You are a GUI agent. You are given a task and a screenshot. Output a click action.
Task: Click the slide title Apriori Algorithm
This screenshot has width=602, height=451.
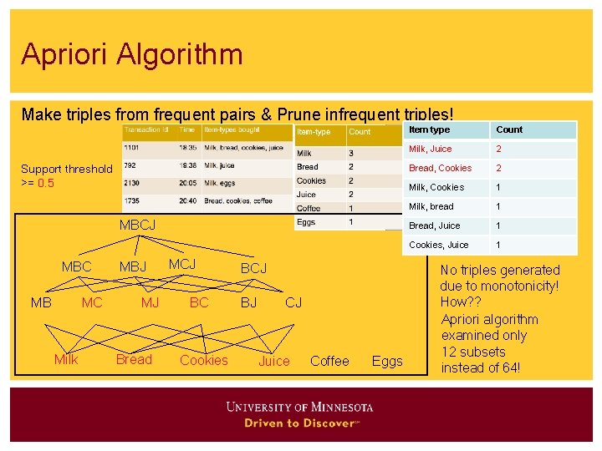(x=132, y=55)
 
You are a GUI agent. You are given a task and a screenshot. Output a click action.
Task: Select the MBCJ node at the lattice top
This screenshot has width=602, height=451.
(x=137, y=225)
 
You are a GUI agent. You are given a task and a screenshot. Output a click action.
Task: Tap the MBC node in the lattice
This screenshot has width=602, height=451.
(x=77, y=267)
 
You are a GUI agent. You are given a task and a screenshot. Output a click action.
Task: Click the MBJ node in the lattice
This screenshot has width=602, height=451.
(x=133, y=267)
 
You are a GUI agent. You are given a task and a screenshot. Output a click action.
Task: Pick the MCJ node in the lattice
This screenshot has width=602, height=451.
(x=182, y=264)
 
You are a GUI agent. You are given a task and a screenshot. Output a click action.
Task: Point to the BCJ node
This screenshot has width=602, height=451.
(x=253, y=268)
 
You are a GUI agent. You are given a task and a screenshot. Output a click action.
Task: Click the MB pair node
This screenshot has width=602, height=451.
(x=41, y=302)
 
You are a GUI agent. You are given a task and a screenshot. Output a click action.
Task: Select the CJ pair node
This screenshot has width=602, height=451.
(x=293, y=302)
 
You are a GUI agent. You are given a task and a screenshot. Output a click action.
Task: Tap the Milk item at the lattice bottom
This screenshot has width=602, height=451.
(x=66, y=360)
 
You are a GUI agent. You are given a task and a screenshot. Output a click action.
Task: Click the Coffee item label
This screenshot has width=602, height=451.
(x=329, y=361)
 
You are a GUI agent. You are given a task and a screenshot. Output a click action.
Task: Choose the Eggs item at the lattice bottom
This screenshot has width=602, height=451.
(x=387, y=361)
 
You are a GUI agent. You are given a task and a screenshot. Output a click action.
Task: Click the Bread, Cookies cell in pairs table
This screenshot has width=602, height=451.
(x=440, y=168)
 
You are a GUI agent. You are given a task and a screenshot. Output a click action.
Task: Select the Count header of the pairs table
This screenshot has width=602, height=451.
(x=509, y=129)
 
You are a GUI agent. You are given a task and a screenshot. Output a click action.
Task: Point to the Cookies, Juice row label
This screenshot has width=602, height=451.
(x=438, y=245)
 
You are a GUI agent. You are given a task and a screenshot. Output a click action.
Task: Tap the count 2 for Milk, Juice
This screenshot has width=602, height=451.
(x=498, y=149)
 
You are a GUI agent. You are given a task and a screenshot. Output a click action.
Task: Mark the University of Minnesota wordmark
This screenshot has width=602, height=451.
(x=299, y=408)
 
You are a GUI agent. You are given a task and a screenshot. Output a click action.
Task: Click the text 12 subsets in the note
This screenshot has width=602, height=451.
(x=473, y=352)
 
